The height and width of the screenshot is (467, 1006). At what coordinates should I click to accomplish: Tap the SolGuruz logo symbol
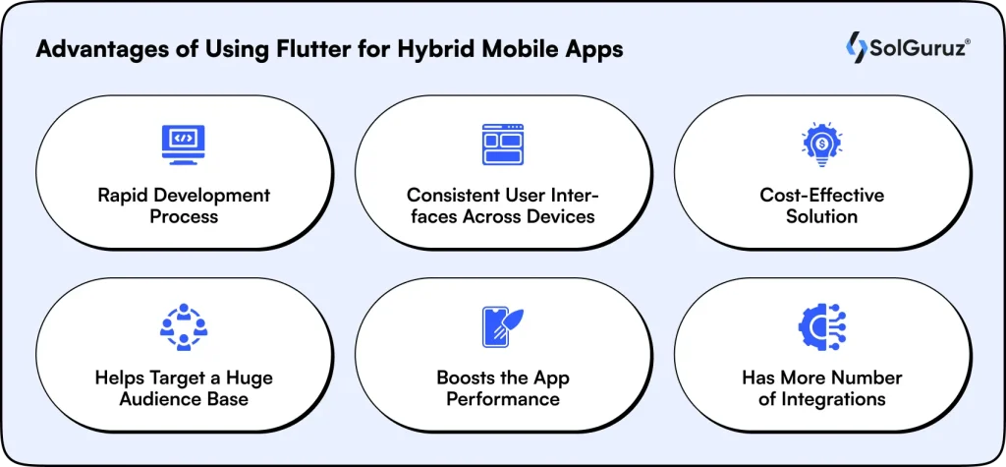856,47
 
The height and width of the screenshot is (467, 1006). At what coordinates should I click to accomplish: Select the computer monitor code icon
183,144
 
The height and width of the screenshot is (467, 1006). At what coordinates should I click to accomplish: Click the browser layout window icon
502,144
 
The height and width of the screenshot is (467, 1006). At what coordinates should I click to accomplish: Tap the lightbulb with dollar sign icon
821,144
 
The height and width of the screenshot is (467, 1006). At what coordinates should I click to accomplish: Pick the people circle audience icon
183,327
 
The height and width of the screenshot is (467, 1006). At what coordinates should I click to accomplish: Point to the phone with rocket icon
502,327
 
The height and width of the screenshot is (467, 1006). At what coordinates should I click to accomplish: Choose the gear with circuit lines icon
821,327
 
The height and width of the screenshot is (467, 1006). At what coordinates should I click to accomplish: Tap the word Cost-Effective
821,195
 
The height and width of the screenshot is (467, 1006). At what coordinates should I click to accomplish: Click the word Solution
821,216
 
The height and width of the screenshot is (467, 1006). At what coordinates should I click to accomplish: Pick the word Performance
502,399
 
